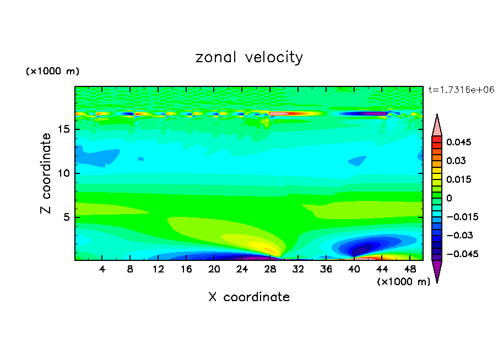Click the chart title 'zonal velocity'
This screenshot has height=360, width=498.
point(249,57)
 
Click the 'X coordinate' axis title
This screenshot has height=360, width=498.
point(249,297)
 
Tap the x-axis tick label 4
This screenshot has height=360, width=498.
point(102,269)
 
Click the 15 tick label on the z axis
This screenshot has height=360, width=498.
point(63,130)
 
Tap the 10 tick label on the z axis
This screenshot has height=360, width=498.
point(63,173)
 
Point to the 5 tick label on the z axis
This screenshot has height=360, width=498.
point(66,217)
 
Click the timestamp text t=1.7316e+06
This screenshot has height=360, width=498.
point(461,89)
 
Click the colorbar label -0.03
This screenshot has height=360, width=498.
point(458,235)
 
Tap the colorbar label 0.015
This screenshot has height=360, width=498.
point(458,179)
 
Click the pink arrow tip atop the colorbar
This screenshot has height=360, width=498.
point(437,126)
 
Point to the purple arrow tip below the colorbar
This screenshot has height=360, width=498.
point(437,271)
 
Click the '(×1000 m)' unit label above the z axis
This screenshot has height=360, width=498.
point(53,72)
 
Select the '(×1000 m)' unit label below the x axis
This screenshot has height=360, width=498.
point(403,281)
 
